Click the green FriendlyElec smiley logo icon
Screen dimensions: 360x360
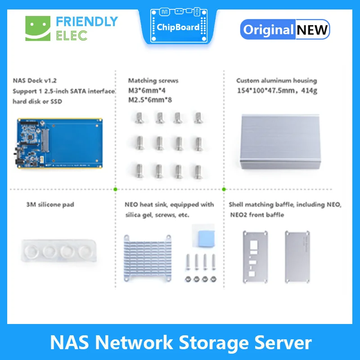tap(38, 28)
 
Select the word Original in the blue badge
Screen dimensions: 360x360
tap(268, 30)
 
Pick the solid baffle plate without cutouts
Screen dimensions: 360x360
tap(297, 255)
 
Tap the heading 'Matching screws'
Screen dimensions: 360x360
tap(153, 81)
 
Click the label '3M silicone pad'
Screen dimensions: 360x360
tap(50, 205)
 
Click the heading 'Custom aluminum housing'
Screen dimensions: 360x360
tap(276, 81)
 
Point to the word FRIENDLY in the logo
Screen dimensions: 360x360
tap(87, 22)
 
